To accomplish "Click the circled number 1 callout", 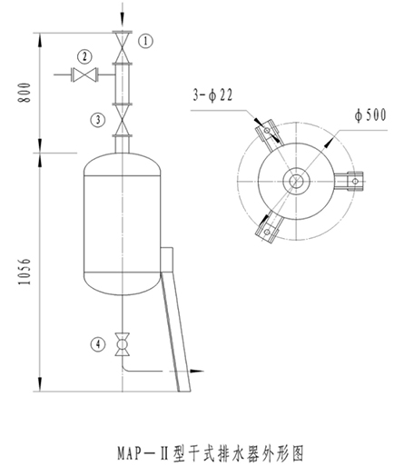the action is [x=146, y=41].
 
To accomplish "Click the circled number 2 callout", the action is [x=84, y=56].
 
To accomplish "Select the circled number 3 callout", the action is [x=98, y=120].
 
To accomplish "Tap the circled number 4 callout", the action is [x=98, y=344].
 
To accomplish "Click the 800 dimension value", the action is [x=25, y=93].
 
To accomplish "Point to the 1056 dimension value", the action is [x=25, y=272].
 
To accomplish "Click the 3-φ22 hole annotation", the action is [x=212, y=95].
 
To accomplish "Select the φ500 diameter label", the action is [x=370, y=115].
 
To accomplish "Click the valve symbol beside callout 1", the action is [x=123, y=47].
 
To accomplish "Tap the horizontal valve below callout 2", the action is [x=84, y=74].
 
